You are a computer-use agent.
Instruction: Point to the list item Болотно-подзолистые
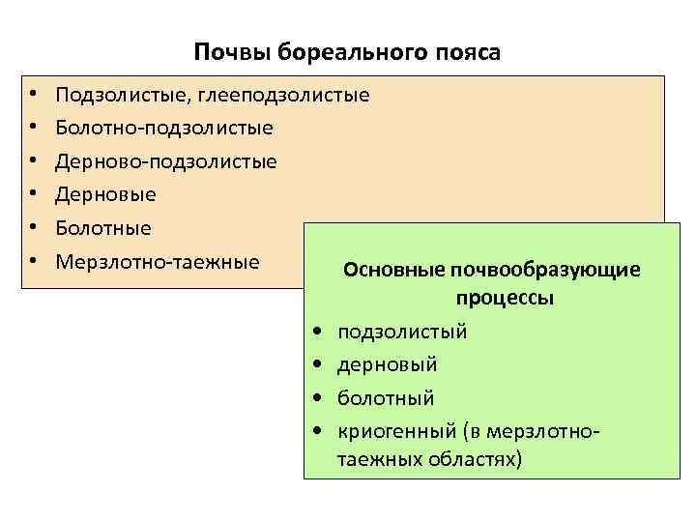click(x=164, y=128)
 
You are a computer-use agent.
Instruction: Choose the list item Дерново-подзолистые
click(x=166, y=161)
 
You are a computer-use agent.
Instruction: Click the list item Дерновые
click(x=106, y=194)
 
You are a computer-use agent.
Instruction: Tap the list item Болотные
click(x=103, y=228)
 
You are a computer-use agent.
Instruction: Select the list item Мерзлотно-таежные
click(x=158, y=261)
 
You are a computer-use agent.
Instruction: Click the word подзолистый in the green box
click(x=402, y=332)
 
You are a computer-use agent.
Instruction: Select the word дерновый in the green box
click(x=387, y=364)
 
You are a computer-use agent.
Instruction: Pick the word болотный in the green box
click(x=386, y=397)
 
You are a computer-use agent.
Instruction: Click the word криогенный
click(x=395, y=430)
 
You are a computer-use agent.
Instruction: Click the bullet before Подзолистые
click(x=33, y=96)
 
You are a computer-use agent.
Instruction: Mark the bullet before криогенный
click(x=318, y=431)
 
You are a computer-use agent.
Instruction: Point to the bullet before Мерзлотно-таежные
click(x=33, y=262)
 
